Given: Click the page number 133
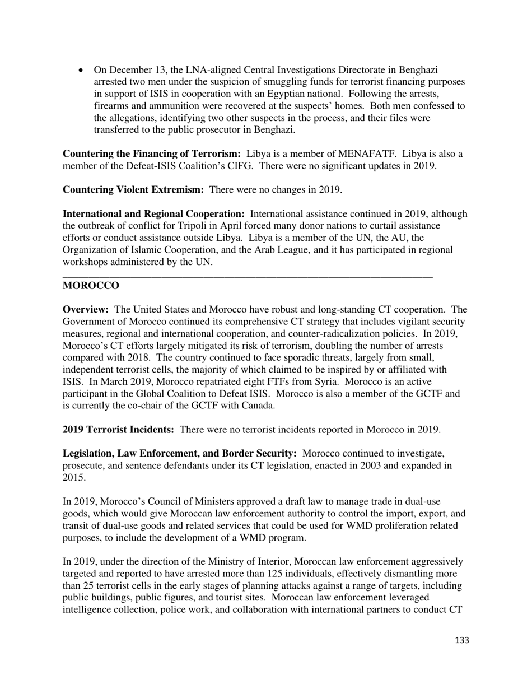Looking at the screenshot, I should [461, 640].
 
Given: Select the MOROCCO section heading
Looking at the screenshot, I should [91, 286].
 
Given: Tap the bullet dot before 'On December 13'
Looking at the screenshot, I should [82, 70].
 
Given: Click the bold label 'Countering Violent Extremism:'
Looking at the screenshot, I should [133, 189].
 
